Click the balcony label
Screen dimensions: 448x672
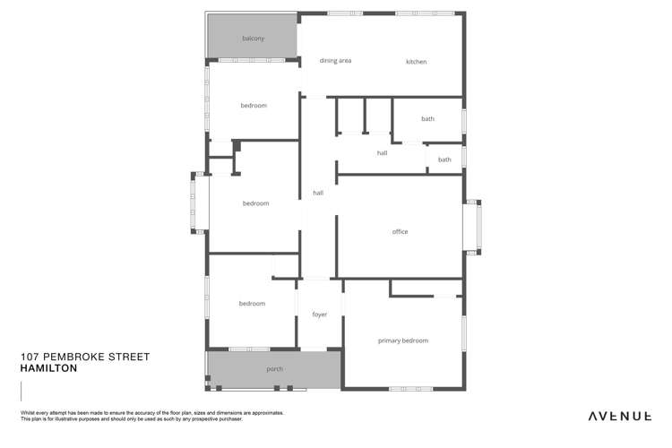pos(254,39)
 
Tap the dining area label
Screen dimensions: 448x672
pos(335,61)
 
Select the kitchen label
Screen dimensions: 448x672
pos(416,62)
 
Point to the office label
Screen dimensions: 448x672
pos(400,232)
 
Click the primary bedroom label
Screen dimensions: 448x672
pos(402,340)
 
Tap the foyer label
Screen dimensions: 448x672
pos(319,315)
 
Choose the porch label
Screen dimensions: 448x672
pos(274,369)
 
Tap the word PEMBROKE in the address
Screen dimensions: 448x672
pos(78,357)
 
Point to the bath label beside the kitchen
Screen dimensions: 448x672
pos(427,119)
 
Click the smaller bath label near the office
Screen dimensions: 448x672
pos(444,159)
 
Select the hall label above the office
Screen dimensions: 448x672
pos(382,153)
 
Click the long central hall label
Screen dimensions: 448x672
pos(317,193)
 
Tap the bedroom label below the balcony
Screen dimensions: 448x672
pos(254,106)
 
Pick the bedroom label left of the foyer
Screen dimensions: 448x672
pos(252,304)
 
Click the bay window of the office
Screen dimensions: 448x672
pos(472,228)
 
